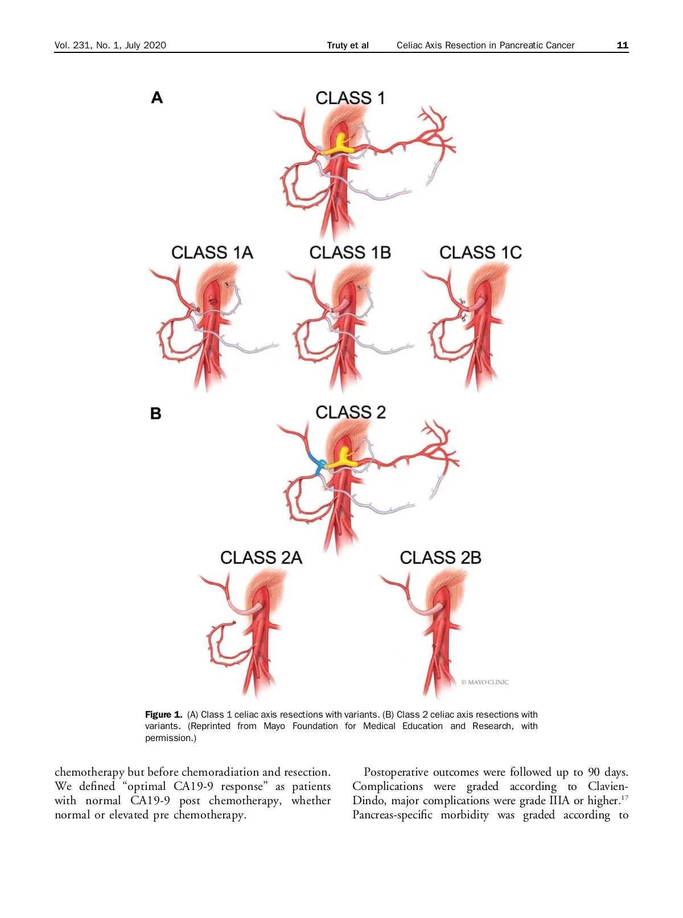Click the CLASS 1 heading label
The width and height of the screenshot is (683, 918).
coord(350,98)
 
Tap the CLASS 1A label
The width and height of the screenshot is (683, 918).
coord(212,252)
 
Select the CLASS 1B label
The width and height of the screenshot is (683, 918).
coord(350,252)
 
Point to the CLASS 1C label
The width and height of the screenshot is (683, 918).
coord(480,252)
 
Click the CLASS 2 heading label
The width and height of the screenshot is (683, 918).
coord(351,412)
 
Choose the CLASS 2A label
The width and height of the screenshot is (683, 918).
coord(261,557)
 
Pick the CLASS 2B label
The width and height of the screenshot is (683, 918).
coord(441,557)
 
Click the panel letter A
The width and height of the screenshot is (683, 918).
coord(157,98)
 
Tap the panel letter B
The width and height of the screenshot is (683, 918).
coord(156,413)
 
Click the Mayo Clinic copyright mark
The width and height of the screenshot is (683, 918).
coord(485,682)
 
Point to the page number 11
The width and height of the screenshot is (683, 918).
coord(622,45)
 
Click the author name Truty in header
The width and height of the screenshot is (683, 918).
coord(337,46)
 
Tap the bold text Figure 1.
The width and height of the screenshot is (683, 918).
coord(163,714)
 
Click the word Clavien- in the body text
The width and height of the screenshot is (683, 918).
coord(608,786)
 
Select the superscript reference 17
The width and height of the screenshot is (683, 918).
coord(624,797)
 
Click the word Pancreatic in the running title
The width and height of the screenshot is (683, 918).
coord(517,46)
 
